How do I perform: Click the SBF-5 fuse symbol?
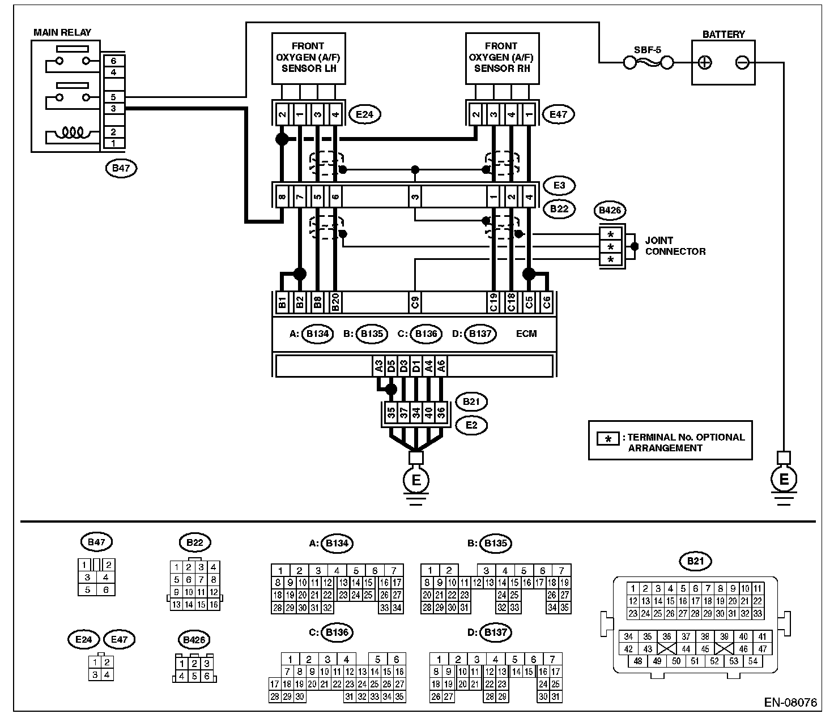pyautogui.click(x=648, y=62)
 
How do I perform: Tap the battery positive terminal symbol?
pyautogui.click(x=704, y=62)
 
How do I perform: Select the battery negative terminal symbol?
pyautogui.click(x=742, y=62)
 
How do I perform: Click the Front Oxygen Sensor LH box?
pyautogui.click(x=308, y=58)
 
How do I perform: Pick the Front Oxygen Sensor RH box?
pyautogui.click(x=501, y=58)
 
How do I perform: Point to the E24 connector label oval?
pyautogui.click(x=364, y=114)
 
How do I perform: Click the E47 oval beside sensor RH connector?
pyautogui.click(x=558, y=114)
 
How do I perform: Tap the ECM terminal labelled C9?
pyautogui.click(x=415, y=302)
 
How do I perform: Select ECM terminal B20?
pyautogui.click(x=335, y=302)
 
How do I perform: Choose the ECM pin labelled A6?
pyautogui.click(x=441, y=366)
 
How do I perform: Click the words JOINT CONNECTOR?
pyautogui.click(x=675, y=246)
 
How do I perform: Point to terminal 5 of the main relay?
pyautogui.click(x=113, y=97)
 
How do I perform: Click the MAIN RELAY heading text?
pyautogui.click(x=62, y=32)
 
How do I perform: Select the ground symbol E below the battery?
pyautogui.click(x=784, y=480)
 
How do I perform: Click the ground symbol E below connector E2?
pyautogui.click(x=416, y=480)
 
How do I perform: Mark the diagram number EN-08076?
pyautogui.click(x=790, y=703)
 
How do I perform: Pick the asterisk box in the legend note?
pyautogui.click(x=609, y=439)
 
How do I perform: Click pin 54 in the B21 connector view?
pyautogui.click(x=752, y=661)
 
